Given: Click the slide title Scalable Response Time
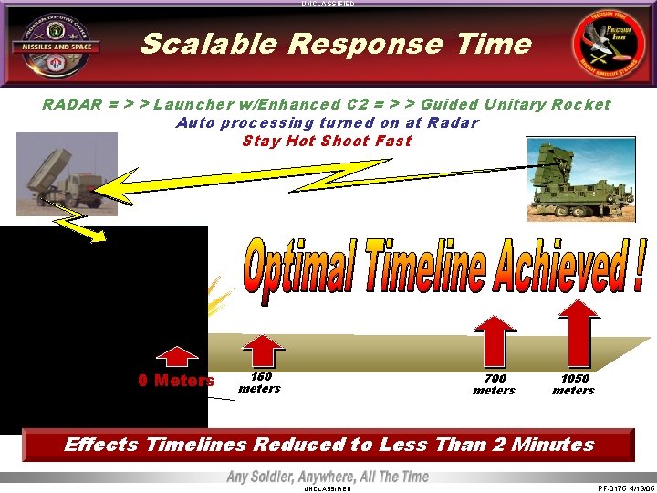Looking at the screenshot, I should [x=335, y=44].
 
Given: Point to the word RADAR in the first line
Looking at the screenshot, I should [x=71, y=104].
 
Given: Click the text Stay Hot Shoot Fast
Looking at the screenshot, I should [x=327, y=141].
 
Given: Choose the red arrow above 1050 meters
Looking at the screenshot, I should [x=577, y=334].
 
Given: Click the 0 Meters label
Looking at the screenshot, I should [x=176, y=381].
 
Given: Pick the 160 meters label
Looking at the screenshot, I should [x=259, y=383].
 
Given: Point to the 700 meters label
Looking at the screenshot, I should [x=494, y=384].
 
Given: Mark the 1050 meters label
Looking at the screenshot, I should [x=574, y=384].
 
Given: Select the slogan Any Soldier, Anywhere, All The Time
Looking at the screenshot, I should [x=327, y=477].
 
